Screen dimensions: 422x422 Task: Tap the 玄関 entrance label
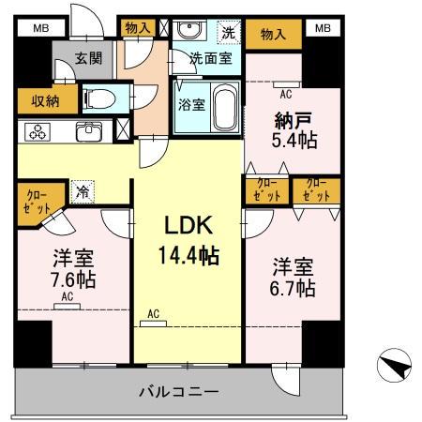pyautogui.click(x=89, y=59)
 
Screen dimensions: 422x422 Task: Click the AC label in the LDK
pyautogui.click(x=151, y=314)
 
